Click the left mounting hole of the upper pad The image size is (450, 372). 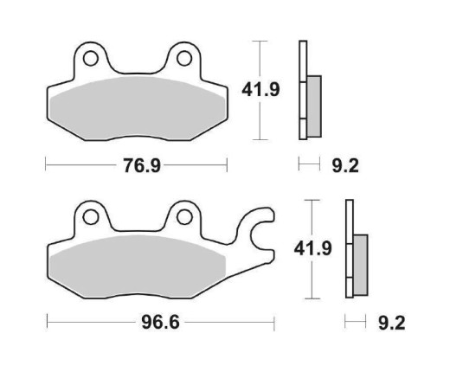88,58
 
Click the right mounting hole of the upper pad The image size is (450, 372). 184,58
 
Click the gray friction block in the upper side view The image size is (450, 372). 312,97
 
